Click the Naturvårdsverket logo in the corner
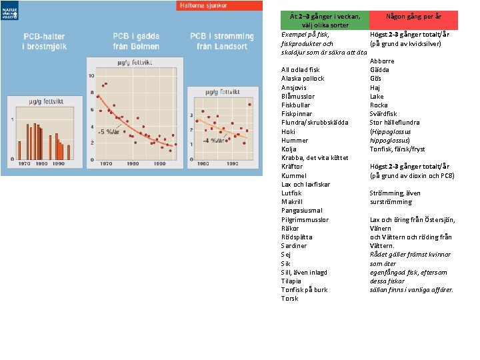[10, 9]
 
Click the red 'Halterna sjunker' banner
[203, 5]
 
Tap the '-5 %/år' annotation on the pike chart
[109, 131]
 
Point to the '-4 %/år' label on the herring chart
[213, 141]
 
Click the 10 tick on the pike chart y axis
[91, 76]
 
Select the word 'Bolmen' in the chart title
[146, 46]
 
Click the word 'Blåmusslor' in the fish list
[298, 96]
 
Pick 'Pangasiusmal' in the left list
[301, 211]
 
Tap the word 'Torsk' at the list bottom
[290, 299]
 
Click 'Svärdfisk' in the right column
[383, 114]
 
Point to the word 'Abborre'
[382, 61]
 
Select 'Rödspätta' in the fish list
[297, 237]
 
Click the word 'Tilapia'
[292, 281]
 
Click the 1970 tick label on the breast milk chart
[23, 163]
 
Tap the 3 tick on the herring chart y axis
[191, 115]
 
